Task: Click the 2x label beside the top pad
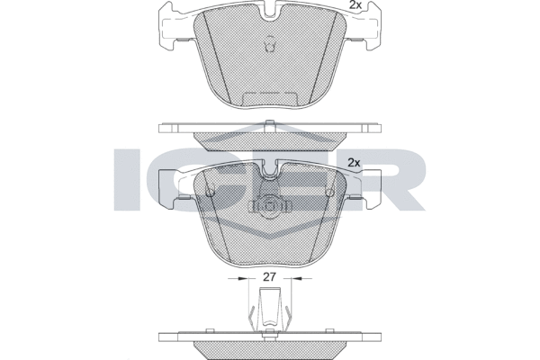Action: [x=355, y=4]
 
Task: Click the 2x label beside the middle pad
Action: [x=354, y=162]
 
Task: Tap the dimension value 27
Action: [x=270, y=276]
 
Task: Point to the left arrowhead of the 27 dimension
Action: [x=244, y=278]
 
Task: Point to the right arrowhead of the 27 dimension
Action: [x=296, y=278]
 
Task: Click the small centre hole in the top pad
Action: [x=270, y=44]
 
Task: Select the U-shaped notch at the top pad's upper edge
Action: [x=270, y=10]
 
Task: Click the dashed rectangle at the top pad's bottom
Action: [x=270, y=99]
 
